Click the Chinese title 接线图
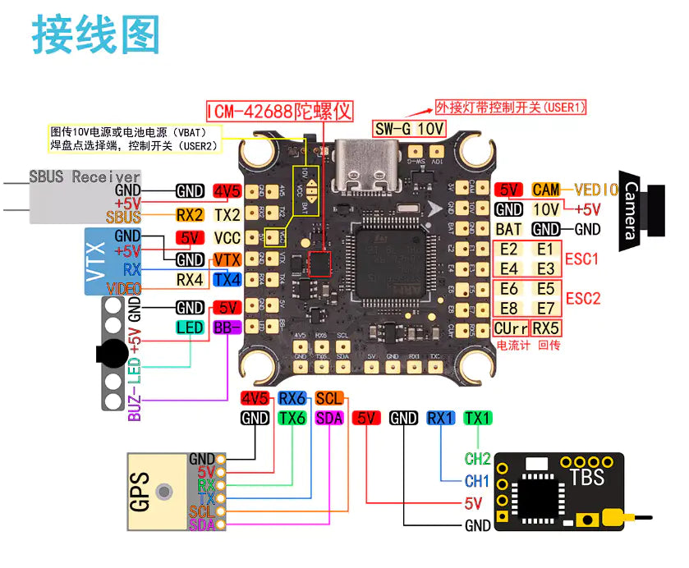pyautogui.click(x=96, y=34)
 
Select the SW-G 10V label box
pyautogui.click(x=410, y=129)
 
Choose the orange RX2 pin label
pyautogui.click(x=190, y=216)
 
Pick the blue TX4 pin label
pyautogui.click(x=227, y=279)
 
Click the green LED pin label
pyautogui.click(x=190, y=328)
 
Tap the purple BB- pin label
pyautogui.click(x=227, y=328)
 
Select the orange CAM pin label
pyautogui.click(x=546, y=190)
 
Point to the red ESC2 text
pyautogui.click(x=583, y=298)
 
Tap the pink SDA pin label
pyautogui.click(x=328, y=418)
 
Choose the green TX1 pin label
pyautogui.click(x=477, y=418)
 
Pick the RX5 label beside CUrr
pyautogui.click(x=546, y=328)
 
